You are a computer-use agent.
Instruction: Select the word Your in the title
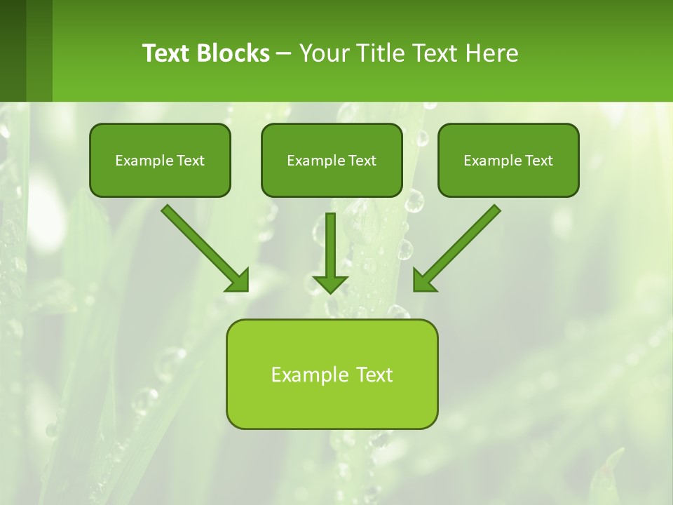click(x=322, y=53)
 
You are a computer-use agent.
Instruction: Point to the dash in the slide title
click(x=285, y=54)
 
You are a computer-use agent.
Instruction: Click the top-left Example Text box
click(x=160, y=161)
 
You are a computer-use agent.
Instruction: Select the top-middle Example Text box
click(x=332, y=161)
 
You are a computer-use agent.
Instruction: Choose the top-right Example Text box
click(x=508, y=161)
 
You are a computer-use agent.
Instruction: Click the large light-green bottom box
click(x=332, y=374)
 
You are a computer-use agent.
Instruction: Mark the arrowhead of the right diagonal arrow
click(x=423, y=281)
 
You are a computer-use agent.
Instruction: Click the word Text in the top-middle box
click(x=360, y=161)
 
